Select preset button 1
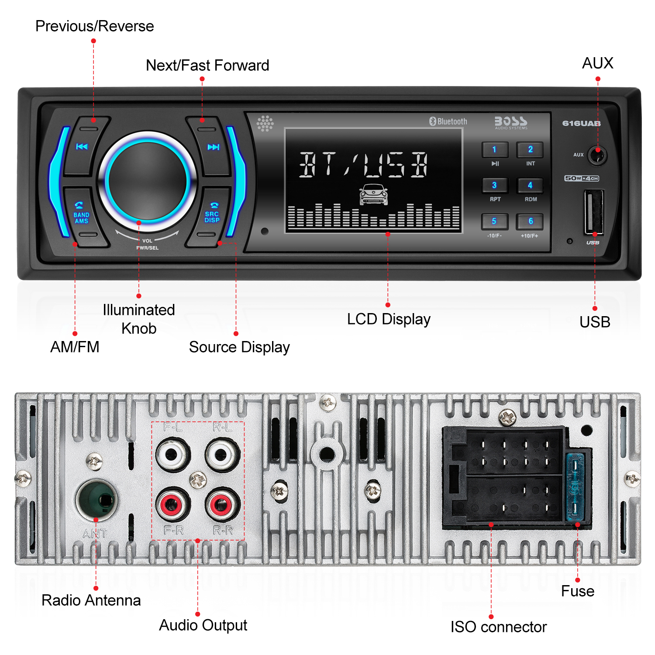(495, 149)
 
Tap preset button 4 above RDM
(530, 185)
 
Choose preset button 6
(530, 221)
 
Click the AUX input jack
(597, 155)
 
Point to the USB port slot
(594, 212)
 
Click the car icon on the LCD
(373, 194)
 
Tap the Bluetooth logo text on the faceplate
(448, 121)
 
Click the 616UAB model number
(581, 124)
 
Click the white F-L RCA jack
(173, 455)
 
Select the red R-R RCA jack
(222, 504)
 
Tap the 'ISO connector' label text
(498, 627)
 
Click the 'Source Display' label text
(239, 348)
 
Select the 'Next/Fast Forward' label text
(207, 65)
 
